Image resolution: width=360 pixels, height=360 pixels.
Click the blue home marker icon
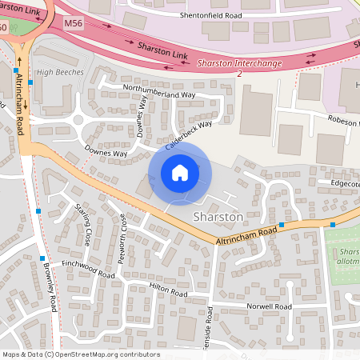tap(180, 173)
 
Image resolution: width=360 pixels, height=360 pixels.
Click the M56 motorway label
tap(74, 25)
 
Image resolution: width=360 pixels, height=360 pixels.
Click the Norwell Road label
tap(269, 306)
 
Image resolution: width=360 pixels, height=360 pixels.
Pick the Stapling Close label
tap(82, 220)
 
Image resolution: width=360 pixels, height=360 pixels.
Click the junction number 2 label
tap(239, 74)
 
